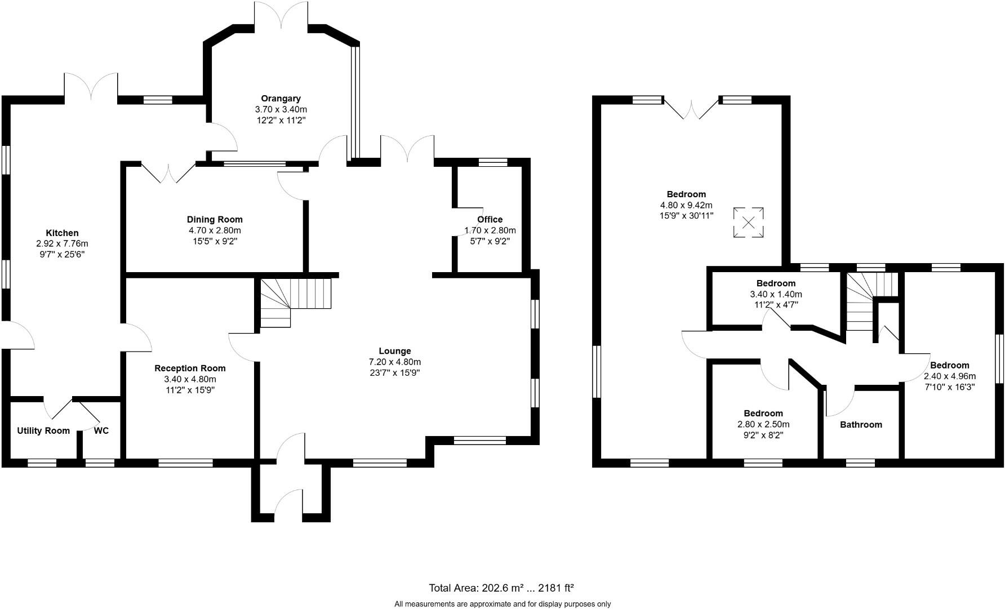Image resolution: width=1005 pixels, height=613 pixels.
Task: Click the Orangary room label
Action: (281, 99)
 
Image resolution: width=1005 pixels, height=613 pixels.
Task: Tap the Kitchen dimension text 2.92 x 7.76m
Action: (62, 244)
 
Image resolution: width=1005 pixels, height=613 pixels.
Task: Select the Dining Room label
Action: (215, 220)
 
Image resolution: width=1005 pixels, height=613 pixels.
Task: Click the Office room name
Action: (490, 220)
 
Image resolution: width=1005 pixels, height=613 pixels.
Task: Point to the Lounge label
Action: (394, 351)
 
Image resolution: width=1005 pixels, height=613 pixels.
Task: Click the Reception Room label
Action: (190, 368)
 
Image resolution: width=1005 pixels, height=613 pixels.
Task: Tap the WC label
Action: (101, 431)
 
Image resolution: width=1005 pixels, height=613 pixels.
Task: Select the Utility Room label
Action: (43, 431)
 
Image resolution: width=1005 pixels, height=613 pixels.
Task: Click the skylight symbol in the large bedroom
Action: (748, 223)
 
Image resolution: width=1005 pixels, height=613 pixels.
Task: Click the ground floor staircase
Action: (294, 301)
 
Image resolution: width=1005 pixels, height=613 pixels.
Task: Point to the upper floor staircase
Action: (865, 301)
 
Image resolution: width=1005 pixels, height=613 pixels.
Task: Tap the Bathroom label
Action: (860, 425)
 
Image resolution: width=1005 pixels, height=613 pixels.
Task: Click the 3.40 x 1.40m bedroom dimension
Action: (776, 294)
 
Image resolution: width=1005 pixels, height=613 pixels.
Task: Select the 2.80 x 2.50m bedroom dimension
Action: (763, 424)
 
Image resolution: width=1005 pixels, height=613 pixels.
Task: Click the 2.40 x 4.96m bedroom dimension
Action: (949, 376)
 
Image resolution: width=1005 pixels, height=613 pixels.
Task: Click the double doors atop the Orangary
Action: (281, 14)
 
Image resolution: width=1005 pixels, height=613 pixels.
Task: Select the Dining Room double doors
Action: (168, 172)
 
